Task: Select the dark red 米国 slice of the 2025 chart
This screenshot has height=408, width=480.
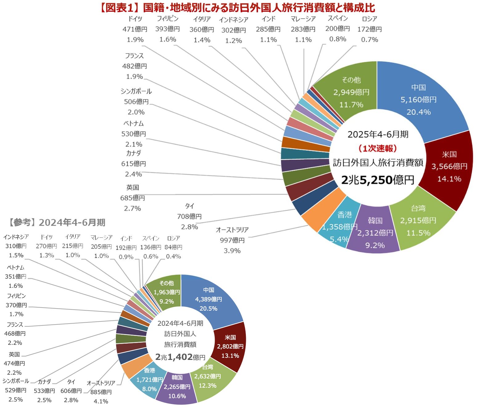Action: pos(449,166)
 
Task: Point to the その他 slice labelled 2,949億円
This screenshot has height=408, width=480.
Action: pos(351,92)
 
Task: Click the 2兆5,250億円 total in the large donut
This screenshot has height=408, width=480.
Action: pos(378,180)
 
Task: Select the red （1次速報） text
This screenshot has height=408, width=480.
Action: pos(378,149)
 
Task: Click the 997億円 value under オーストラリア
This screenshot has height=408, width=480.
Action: pos(232,240)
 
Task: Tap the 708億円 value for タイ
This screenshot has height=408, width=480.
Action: pos(189,217)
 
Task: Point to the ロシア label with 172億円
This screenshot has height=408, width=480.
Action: pos(369,19)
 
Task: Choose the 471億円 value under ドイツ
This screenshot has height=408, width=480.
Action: pos(135,29)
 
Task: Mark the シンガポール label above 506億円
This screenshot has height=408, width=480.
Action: pos(136,92)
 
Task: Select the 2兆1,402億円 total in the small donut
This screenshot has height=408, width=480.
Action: pos(180,357)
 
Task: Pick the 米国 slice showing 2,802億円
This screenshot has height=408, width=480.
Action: pos(230,346)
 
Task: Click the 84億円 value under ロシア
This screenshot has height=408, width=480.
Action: pos(173,247)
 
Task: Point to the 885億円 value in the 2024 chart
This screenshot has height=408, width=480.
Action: pos(101,392)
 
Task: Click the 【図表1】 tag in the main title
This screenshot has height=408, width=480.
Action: pos(120,8)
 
